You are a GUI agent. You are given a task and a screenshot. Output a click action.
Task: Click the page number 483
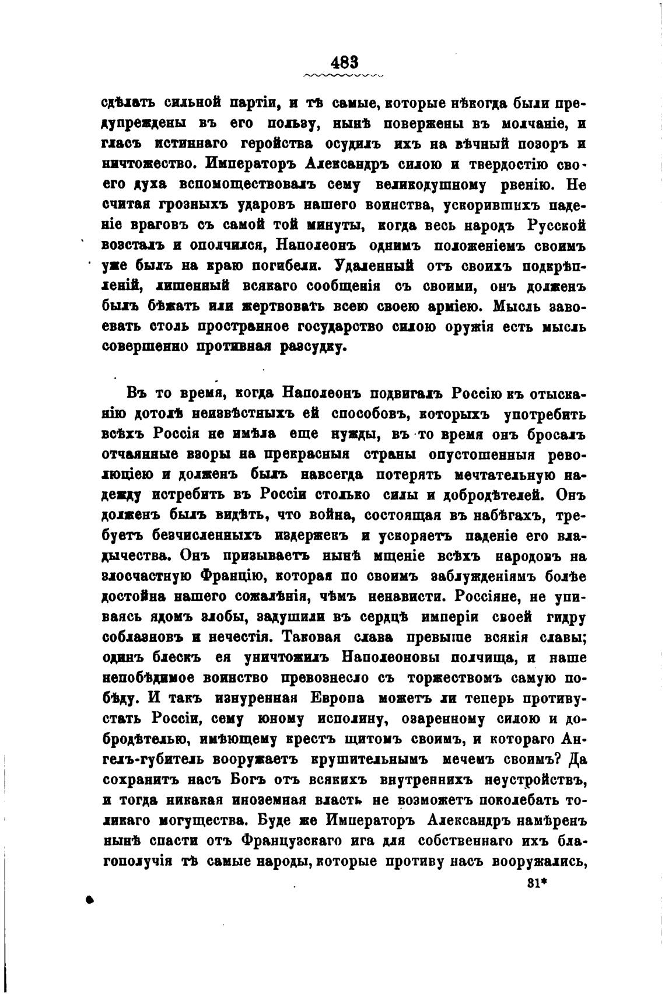344,61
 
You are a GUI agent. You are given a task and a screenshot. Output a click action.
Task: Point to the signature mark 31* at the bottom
540,883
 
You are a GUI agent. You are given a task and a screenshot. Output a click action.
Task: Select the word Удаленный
375,265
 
